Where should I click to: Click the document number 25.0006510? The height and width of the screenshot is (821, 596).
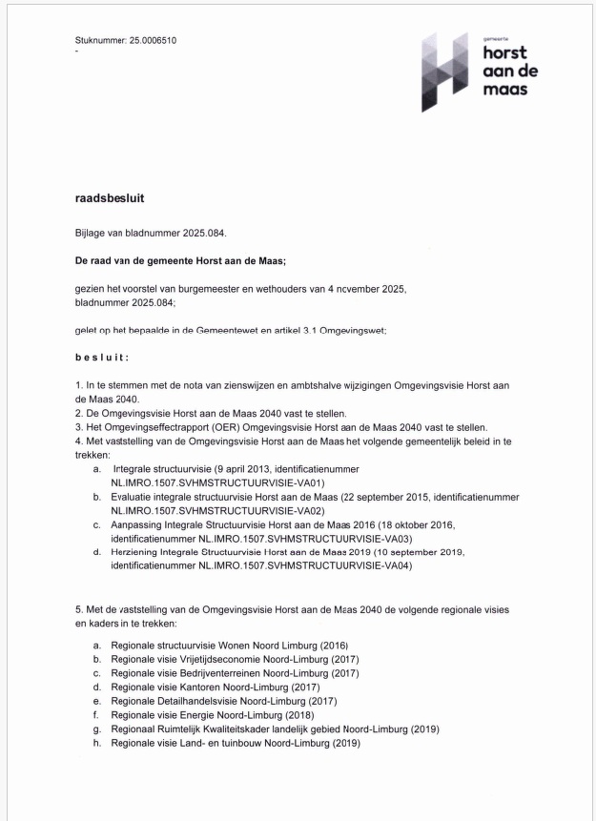click(152, 40)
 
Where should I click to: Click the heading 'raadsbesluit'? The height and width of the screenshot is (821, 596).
click(110, 199)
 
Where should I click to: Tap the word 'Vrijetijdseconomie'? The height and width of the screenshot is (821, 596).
click(217, 659)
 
